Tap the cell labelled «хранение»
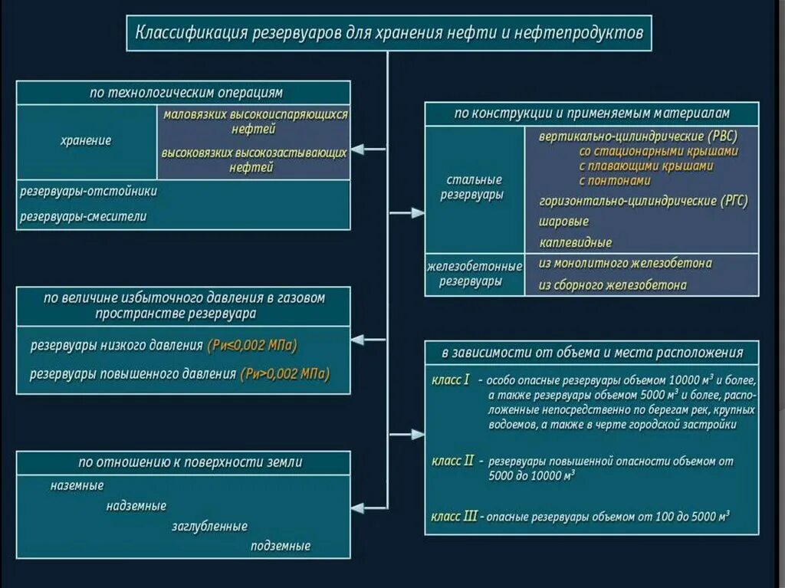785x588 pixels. (x=86, y=141)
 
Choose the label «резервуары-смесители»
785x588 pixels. (x=83, y=216)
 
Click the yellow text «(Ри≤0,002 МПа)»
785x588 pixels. (x=251, y=345)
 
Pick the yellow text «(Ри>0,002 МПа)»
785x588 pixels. (x=284, y=374)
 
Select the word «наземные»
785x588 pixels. (x=77, y=485)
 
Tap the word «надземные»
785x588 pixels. (x=136, y=506)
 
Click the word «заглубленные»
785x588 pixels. (x=209, y=527)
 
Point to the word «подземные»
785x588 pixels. (x=280, y=547)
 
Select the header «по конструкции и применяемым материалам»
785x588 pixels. (x=592, y=113)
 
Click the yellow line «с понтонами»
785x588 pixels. (x=615, y=181)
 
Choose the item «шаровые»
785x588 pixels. (x=563, y=222)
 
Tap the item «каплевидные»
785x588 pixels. (x=575, y=242)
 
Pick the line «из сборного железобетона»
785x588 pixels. (x=613, y=284)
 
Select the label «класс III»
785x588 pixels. (x=455, y=517)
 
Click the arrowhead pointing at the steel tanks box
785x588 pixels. (x=418, y=212)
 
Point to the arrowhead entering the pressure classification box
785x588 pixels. (x=357, y=339)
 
